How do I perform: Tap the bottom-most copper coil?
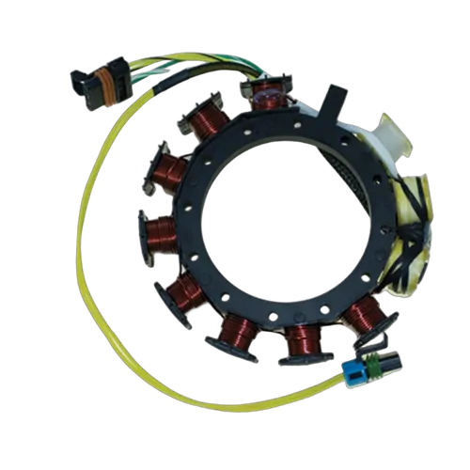pos(302,340)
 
